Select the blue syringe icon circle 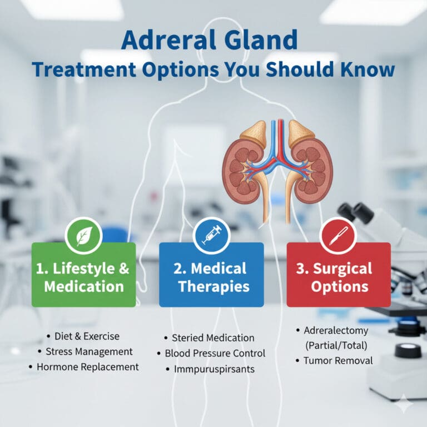[x=211, y=235]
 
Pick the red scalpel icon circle [x=338, y=235]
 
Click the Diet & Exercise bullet [x=87, y=336]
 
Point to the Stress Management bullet [x=88, y=351]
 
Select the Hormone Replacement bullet [x=87, y=367]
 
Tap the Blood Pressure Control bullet [x=215, y=353]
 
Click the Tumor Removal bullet [x=338, y=360]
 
